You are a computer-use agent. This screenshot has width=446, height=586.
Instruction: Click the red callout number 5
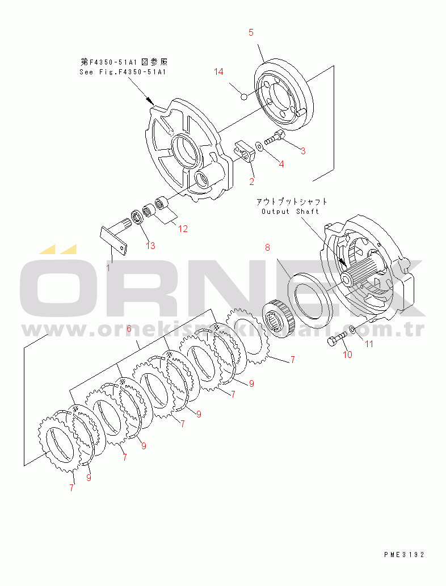tap(251, 33)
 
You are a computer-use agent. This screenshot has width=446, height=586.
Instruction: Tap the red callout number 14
tap(219, 71)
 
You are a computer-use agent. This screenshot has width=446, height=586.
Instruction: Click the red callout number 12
tap(183, 229)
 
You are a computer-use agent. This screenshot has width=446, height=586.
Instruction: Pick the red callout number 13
tap(150, 246)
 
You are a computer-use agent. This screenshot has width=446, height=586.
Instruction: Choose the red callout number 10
tap(347, 355)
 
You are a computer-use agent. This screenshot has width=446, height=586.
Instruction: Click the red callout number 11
tap(369, 344)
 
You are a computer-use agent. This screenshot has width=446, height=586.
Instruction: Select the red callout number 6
tap(129, 328)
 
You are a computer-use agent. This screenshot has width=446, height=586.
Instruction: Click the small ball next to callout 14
tap(244, 96)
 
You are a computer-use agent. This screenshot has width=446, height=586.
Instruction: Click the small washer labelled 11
tap(352, 329)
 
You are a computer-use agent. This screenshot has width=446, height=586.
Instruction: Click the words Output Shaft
tap(290, 212)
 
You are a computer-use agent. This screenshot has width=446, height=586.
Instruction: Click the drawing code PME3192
tap(404, 554)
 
